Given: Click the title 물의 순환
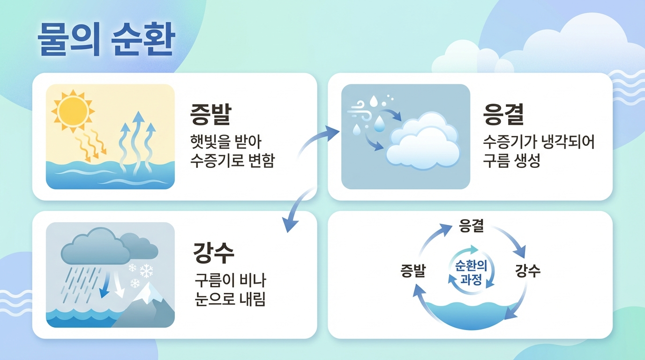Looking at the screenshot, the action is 106,39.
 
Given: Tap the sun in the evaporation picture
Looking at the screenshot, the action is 73,111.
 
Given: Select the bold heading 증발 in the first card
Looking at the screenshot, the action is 211,114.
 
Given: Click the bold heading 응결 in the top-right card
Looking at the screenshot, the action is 503,114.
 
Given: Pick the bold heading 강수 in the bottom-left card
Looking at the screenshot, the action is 214,253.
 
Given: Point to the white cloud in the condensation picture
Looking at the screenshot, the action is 423,142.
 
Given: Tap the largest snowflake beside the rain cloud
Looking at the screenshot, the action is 146,271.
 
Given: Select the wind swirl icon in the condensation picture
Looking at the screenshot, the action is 359,111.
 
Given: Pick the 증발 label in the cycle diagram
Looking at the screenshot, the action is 413,271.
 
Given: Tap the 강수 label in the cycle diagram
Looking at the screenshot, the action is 528,271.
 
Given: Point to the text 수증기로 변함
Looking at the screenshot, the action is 232,160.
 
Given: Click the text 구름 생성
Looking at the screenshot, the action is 511,160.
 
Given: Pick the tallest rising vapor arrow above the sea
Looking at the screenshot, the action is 138,141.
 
